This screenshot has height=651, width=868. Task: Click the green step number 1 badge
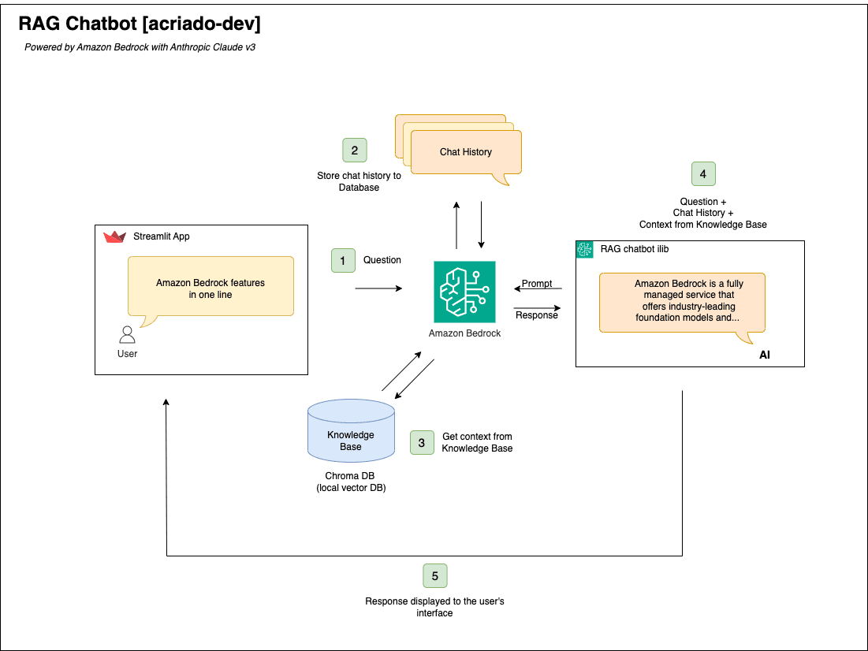pos(343,260)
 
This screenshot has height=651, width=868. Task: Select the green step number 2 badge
pos(355,151)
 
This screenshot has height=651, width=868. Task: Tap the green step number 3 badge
pos(422,442)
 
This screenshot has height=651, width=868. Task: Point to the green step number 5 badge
pos(434,576)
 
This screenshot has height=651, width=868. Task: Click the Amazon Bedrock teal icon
pos(464,292)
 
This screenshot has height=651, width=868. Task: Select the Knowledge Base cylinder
pos(351,432)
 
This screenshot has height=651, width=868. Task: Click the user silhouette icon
pos(127,334)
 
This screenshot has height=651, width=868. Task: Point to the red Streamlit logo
pos(114,236)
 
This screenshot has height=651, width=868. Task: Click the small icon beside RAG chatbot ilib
pos(584,249)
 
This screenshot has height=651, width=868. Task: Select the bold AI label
pos(764,355)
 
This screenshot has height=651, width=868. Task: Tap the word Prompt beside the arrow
pos(537,284)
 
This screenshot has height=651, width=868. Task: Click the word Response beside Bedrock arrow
pos(536,315)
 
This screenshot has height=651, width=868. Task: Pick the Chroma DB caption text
pos(350,482)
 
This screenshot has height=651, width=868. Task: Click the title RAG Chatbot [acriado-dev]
pos(139,24)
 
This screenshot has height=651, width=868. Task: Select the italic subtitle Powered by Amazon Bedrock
pos(140,47)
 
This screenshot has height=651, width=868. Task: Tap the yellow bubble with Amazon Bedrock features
pos(210,288)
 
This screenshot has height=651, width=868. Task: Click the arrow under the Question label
pos(378,288)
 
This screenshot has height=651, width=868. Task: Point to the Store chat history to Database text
pos(359,181)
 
